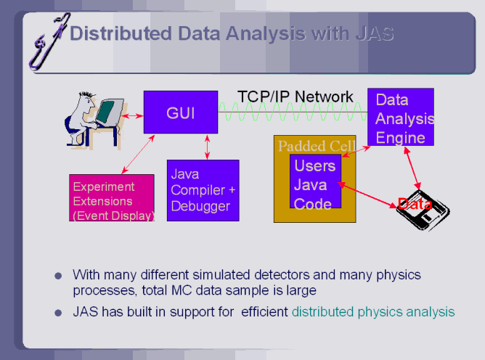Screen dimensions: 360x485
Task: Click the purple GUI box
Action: coord(180,112)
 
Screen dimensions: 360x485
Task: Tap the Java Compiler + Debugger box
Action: coord(203,190)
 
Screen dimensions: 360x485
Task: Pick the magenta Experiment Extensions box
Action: coord(112,197)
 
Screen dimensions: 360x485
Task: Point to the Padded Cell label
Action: coord(317,146)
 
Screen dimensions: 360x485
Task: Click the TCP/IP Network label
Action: coord(296,97)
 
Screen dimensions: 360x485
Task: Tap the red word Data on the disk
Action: coord(415,205)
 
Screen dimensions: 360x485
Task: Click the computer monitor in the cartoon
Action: coord(106,112)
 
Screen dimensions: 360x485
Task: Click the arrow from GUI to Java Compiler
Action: coord(208,147)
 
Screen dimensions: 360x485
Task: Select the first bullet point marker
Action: coord(58,276)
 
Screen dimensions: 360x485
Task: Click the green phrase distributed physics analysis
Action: coord(373,312)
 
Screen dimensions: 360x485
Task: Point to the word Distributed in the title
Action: coord(121,33)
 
